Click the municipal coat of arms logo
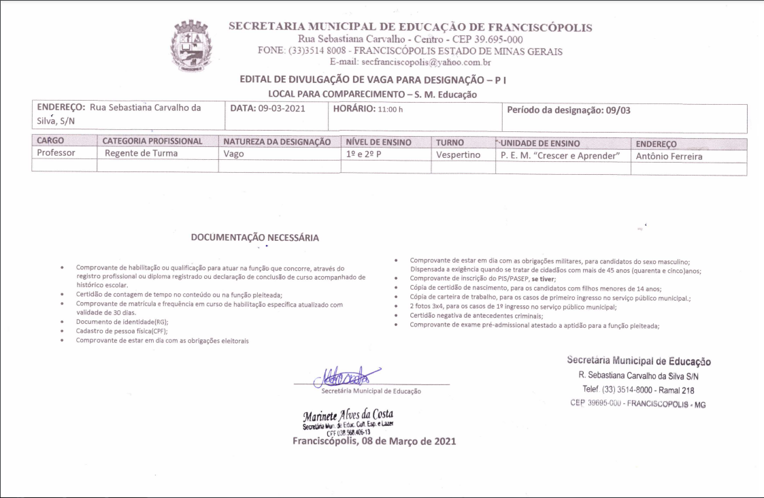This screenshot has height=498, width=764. (x=195, y=46)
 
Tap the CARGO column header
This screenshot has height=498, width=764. (x=50, y=142)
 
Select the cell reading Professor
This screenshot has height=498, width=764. (x=56, y=154)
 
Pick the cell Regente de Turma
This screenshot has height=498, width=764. (x=141, y=154)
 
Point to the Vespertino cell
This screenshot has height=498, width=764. (x=458, y=155)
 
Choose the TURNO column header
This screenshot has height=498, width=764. (x=450, y=143)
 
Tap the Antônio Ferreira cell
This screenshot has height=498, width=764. (x=669, y=156)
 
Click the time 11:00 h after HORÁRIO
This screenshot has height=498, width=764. (x=391, y=109)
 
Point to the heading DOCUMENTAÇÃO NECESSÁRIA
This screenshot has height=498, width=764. (x=254, y=238)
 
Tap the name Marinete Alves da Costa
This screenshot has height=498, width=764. (x=348, y=415)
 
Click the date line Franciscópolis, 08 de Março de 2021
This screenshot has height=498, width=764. (x=374, y=441)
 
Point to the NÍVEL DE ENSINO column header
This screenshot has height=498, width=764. (x=378, y=143)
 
